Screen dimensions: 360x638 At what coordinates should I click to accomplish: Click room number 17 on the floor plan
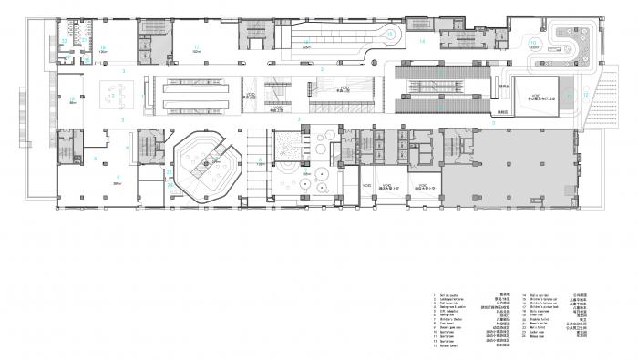pos(195,46)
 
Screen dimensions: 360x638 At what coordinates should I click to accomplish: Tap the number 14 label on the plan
pos(422,42)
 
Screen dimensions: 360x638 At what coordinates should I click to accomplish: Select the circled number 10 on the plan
pos(534,43)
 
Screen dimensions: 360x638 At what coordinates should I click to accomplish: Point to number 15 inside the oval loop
pos(389,35)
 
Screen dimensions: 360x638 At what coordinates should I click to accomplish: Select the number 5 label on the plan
pos(95,157)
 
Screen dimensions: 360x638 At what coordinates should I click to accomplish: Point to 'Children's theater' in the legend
pos(450,318)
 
